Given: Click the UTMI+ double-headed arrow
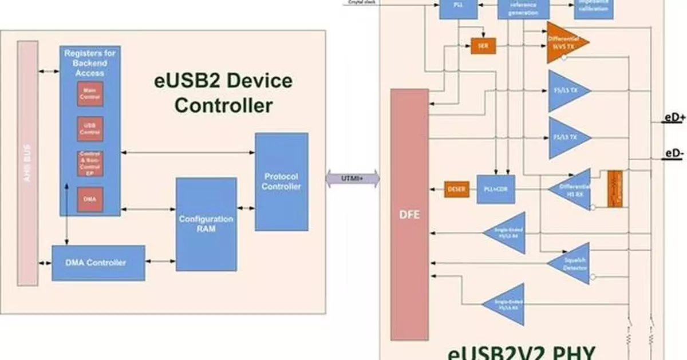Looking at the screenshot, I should pyautogui.click(x=353, y=178).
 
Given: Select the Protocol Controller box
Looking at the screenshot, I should pyautogui.click(x=281, y=181).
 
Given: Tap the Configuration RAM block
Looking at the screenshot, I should pyautogui.click(x=206, y=224).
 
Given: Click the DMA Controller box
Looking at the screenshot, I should pyautogui.click(x=98, y=263).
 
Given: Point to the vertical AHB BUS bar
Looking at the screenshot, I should pyautogui.click(x=27, y=163).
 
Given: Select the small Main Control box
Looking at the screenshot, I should pyautogui.click(x=90, y=94).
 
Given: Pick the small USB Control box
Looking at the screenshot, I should pyautogui.click(x=90, y=129).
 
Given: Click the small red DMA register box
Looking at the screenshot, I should pyautogui.click(x=90, y=198).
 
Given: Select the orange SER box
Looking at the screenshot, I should pyautogui.click(x=483, y=46).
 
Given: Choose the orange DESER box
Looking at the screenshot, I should pyautogui.click(x=457, y=189).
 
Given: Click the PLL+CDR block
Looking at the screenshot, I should pyautogui.click(x=496, y=189).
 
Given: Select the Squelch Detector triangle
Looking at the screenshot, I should pyautogui.click(x=569, y=263).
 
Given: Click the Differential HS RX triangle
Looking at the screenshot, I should pyautogui.click(x=569, y=189).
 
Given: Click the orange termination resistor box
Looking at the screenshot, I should pyautogui.click(x=615, y=188).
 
